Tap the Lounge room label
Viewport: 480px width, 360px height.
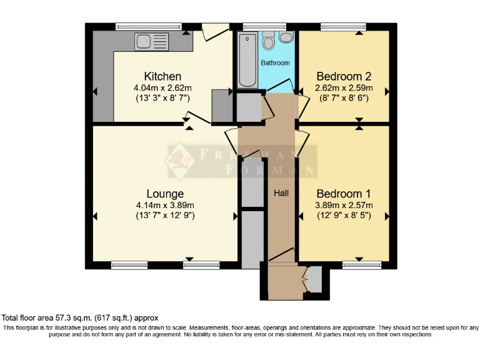(x=165, y=193)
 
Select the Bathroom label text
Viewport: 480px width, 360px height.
(x=275, y=63)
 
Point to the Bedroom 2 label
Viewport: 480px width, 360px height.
(x=343, y=76)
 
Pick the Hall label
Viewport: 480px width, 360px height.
(x=281, y=193)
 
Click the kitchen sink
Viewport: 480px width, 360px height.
(x=144, y=42)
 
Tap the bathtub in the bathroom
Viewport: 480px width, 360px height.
(x=244, y=60)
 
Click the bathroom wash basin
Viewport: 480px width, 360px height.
(x=286, y=38)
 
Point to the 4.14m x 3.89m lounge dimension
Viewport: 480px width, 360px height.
(x=165, y=205)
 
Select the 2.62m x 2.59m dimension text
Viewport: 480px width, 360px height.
(x=343, y=87)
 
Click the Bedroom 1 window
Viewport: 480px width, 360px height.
(x=362, y=265)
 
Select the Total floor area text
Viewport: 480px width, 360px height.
(x=81, y=317)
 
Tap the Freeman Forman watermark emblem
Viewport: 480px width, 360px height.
(x=179, y=159)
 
